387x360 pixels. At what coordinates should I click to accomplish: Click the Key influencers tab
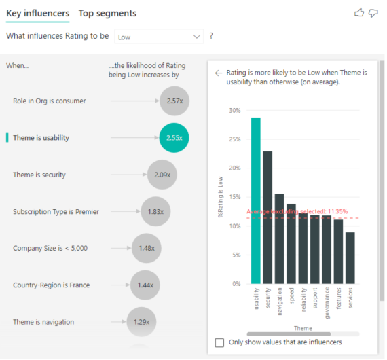[37, 13]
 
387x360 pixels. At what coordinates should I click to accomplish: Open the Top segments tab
[107, 13]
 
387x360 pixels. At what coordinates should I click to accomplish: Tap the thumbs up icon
[359, 13]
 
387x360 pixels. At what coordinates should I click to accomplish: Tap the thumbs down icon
[374, 13]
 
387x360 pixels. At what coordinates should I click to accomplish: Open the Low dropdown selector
[159, 37]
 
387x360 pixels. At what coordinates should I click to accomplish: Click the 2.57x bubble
[174, 101]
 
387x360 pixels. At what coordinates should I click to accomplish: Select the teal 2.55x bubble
[174, 137]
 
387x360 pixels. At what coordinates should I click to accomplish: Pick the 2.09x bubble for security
[162, 175]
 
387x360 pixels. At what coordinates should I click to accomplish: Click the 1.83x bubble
[155, 211]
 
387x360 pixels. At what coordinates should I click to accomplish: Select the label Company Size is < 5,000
[50, 248]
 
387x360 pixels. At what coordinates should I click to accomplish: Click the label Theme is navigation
[43, 321]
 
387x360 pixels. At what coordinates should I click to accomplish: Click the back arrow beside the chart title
[219, 73]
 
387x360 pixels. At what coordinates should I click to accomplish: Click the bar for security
[268, 217]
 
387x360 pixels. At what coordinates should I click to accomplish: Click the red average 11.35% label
[297, 211]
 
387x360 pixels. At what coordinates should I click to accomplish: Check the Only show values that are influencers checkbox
[219, 342]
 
